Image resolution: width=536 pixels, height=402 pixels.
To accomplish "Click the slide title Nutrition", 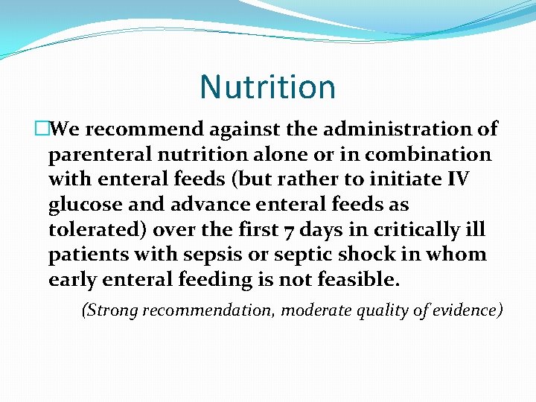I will [267, 87].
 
